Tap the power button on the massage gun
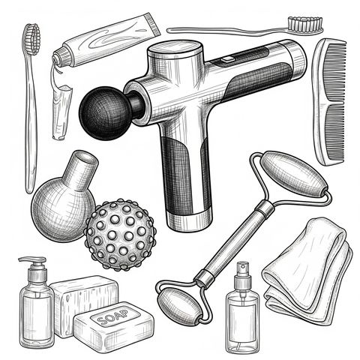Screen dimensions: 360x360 tap(227, 59)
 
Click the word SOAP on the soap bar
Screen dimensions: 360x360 tap(112, 316)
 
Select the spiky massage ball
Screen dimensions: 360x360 tap(121, 235)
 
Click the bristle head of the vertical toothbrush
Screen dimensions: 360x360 tap(32, 39)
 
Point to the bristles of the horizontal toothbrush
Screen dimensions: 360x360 tap(304, 24)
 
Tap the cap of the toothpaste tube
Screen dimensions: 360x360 tap(60, 58)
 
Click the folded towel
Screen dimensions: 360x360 tap(307, 271)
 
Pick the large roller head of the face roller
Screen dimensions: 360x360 tap(294, 174)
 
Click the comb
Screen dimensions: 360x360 tap(329, 101)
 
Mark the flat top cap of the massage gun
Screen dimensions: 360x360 tap(175, 49)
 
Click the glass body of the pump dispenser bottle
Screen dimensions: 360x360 tap(37, 316)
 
